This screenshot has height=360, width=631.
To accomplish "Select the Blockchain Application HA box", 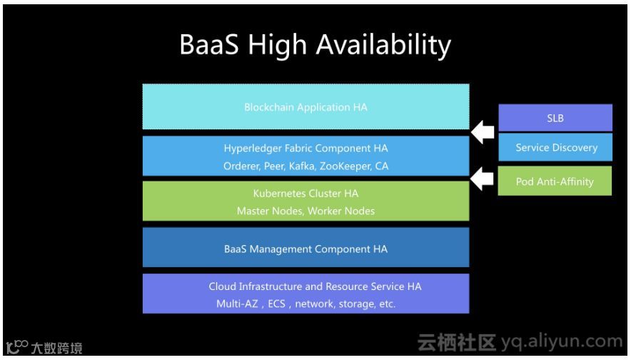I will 306,107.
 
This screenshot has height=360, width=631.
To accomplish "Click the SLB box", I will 555,119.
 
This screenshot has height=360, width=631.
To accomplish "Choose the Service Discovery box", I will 555,148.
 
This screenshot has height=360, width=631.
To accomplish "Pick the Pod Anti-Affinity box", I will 555,181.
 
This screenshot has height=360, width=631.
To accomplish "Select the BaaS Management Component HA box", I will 306,249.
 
